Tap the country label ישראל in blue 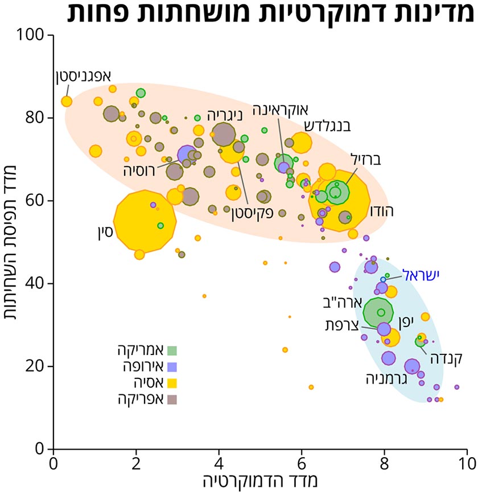(x=422, y=275)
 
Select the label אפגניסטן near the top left (x=84, y=76)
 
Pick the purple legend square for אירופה (x=172, y=366)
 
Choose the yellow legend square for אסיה (x=172, y=383)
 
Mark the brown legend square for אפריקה (x=172, y=399)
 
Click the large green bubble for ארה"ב (x=378, y=312)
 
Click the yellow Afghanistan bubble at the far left (x=67, y=101)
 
